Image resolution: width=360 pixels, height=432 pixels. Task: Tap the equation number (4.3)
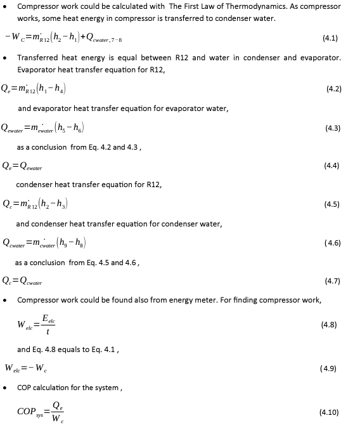click(333, 128)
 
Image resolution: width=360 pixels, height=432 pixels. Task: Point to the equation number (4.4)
click(331, 166)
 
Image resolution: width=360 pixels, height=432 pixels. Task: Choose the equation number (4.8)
click(330, 324)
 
